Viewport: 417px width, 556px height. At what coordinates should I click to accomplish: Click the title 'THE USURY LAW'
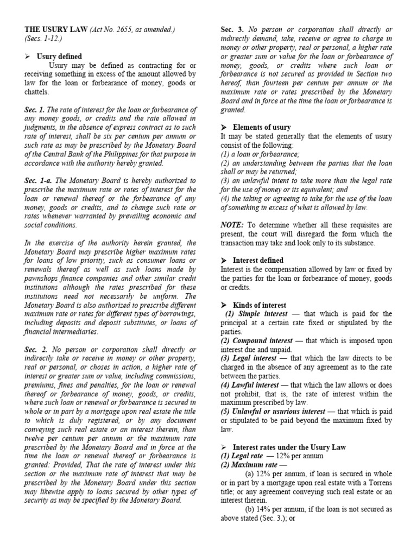point(55,29)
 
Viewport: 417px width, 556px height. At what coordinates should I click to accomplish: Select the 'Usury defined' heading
point(59,56)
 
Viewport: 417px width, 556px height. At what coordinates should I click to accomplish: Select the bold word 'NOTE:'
point(232,225)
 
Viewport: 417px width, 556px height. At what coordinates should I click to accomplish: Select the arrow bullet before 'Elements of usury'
point(223,127)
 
